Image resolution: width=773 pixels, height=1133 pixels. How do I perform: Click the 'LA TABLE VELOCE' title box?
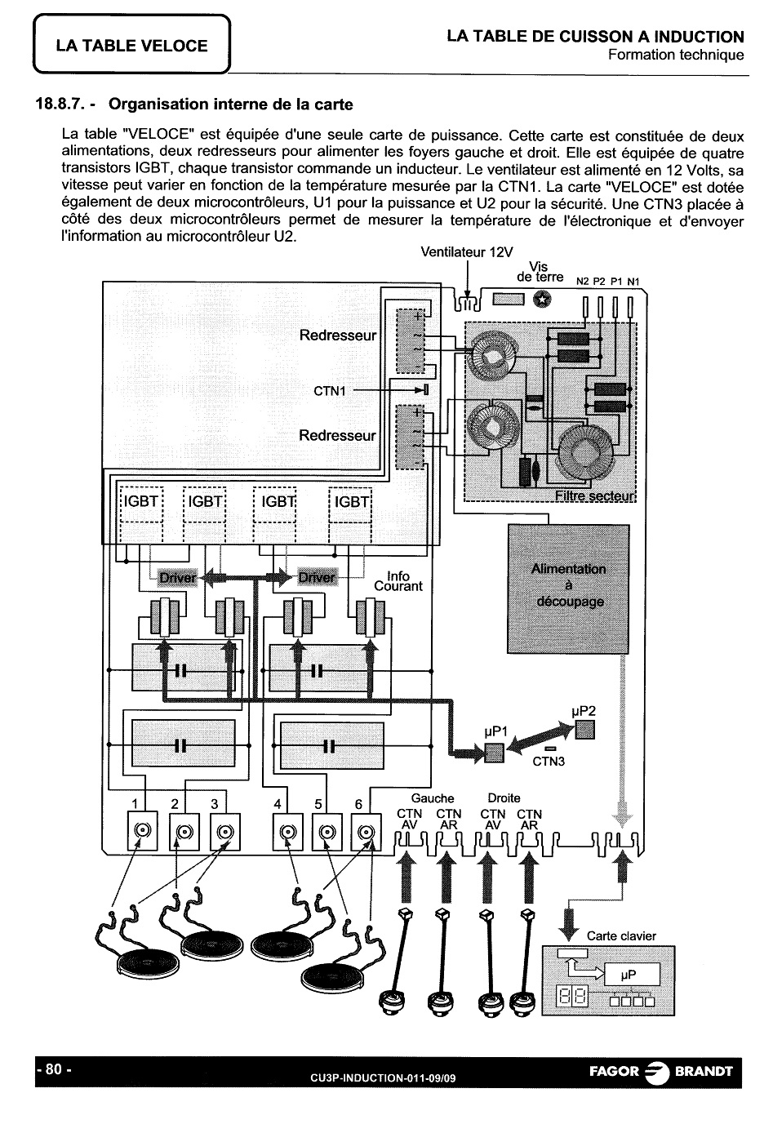[x=132, y=46]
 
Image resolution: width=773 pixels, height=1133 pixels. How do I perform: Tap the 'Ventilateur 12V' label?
[x=467, y=252]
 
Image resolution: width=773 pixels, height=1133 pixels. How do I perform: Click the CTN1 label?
[x=330, y=391]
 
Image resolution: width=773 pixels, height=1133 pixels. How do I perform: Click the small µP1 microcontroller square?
[x=495, y=753]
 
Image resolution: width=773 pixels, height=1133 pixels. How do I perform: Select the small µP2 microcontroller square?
[x=584, y=731]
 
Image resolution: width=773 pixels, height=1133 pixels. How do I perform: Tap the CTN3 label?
[x=549, y=762]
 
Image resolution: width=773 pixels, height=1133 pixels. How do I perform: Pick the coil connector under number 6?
[x=365, y=832]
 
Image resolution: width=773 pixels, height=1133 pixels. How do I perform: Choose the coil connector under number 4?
[x=287, y=832]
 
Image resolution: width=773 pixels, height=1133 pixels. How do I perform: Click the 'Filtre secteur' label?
[x=594, y=495]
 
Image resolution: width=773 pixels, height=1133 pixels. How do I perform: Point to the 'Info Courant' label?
[x=398, y=581]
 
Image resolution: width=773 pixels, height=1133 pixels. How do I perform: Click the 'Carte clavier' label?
[x=621, y=936]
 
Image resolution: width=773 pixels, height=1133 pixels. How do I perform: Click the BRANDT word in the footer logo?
[x=703, y=1072]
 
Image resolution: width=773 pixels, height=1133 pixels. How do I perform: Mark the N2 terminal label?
[x=583, y=282]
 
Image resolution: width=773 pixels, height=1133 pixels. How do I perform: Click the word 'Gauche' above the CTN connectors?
[x=433, y=798]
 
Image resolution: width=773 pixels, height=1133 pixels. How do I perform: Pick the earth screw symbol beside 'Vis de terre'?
[x=540, y=300]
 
